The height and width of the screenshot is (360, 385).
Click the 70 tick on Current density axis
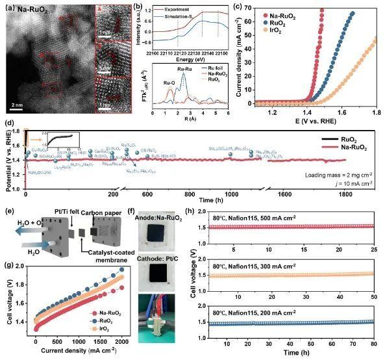pyautogui.click(x=244, y=9)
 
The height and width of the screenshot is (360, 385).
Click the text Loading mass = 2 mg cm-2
pyautogui.click(x=339, y=175)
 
